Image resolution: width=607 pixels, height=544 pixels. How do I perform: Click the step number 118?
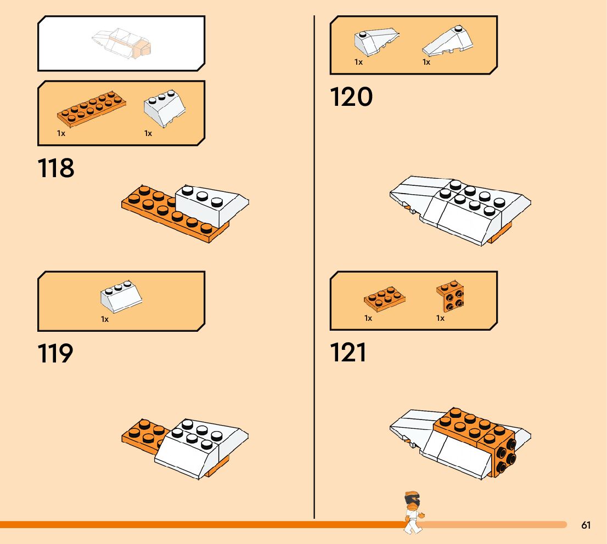pyautogui.click(x=56, y=168)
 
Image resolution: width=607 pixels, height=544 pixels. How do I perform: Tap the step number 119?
pyautogui.click(x=55, y=354)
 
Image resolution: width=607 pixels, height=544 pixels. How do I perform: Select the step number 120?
pyautogui.click(x=351, y=97)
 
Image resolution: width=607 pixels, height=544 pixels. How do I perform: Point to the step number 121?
pyautogui.click(x=348, y=353)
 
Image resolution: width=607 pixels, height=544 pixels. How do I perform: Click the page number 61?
pyautogui.click(x=586, y=525)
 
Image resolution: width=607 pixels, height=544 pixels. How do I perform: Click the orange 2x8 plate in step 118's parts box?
pyautogui.click(x=91, y=109)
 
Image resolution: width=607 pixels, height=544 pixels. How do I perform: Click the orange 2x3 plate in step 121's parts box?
pyautogui.click(x=385, y=298)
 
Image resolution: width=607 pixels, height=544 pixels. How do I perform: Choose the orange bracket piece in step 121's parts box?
pyautogui.click(x=450, y=296)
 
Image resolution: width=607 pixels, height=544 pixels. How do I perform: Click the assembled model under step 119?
pyautogui.click(x=185, y=446)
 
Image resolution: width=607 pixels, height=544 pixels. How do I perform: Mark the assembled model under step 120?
pyautogui.click(x=460, y=209)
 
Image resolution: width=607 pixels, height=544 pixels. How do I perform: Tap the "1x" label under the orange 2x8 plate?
pyautogui.click(x=61, y=133)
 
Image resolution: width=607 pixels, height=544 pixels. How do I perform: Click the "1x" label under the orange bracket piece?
pyautogui.click(x=440, y=318)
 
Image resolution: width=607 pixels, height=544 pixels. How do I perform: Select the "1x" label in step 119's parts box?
pyautogui.click(x=105, y=319)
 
